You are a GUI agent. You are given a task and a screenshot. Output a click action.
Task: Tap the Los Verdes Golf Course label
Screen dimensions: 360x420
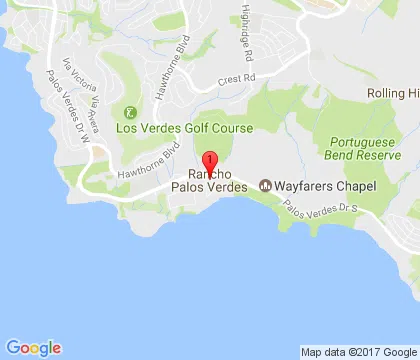point(185,128)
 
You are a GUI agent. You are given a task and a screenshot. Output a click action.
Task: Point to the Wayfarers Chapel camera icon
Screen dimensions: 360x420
point(265,186)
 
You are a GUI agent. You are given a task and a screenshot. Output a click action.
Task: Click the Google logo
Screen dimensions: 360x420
point(33,348)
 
